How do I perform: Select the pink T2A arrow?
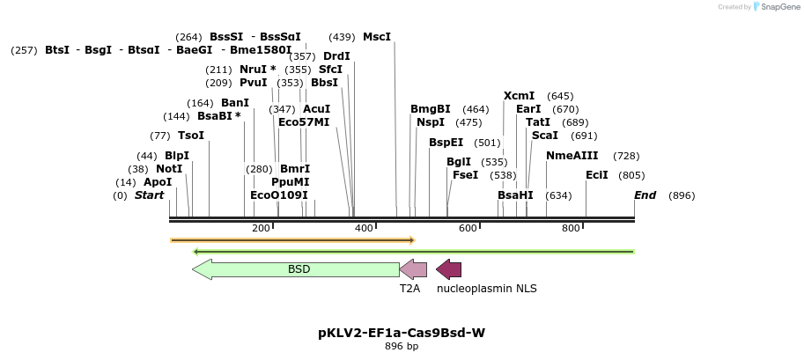pos(413,269)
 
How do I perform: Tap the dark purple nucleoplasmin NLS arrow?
pos(449,269)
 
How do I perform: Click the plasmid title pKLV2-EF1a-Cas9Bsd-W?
pos(402,333)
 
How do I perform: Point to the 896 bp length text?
pos(402,347)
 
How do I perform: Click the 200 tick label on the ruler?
pos(261,229)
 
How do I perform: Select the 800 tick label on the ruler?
pos(571,229)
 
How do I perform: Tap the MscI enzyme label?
pos(377,37)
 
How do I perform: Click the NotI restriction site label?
pos(169,169)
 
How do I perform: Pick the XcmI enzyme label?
pos(519,96)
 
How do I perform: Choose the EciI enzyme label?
pos(597,175)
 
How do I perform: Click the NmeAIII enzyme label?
pos(572,156)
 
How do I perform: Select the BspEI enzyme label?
pos(446,143)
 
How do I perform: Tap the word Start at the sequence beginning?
pos(149,195)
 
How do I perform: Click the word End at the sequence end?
pos(645,195)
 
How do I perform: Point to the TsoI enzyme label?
pos(190,136)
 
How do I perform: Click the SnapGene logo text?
pos(778,7)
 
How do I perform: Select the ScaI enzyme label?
pos(545,136)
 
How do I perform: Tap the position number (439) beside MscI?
pos(342,37)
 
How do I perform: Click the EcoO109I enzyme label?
pos(279,195)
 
